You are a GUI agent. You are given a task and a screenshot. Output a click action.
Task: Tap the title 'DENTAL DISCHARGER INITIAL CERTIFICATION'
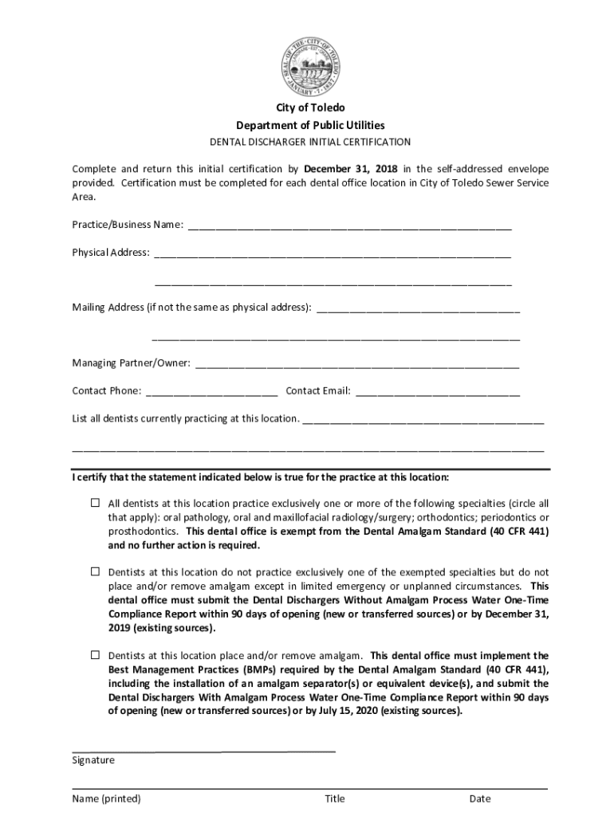point(310,143)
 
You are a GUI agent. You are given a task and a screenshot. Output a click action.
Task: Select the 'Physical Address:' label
point(111,253)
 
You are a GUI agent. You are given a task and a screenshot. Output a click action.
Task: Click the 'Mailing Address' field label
point(191,307)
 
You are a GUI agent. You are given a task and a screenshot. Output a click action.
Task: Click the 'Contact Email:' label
point(318,390)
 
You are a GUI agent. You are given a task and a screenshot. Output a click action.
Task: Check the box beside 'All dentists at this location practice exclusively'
point(95,504)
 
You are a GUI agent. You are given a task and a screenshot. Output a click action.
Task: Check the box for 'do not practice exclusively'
point(95,572)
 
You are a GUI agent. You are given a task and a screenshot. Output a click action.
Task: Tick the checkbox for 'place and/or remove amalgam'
point(95,654)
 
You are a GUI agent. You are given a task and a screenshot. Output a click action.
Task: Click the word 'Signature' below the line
point(93,760)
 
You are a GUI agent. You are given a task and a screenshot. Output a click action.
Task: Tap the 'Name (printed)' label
point(106,798)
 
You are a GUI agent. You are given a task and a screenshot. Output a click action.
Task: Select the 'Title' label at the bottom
point(335,798)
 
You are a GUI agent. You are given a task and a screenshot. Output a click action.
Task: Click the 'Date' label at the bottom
point(480,798)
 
